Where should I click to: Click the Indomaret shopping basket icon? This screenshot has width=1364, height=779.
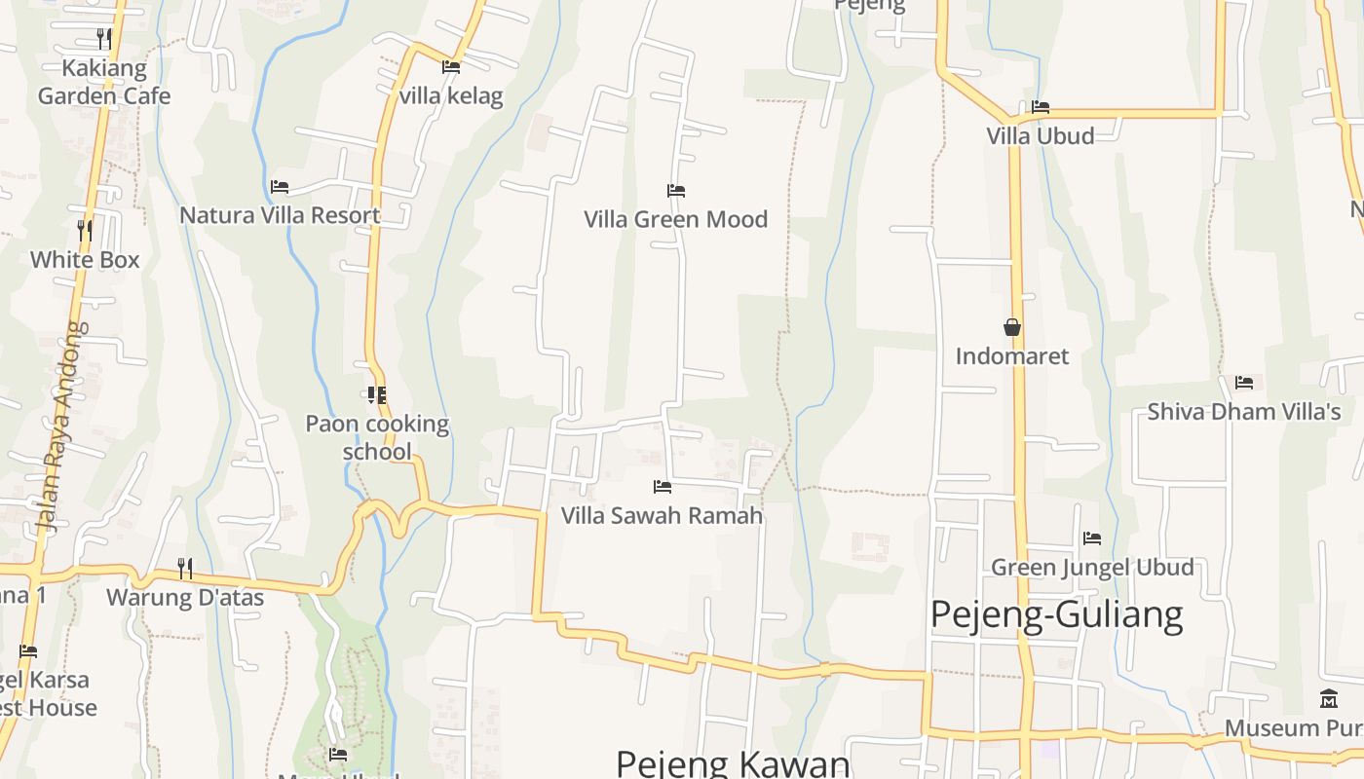[x=1012, y=327]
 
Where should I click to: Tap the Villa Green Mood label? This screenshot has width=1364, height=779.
[x=675, y=219]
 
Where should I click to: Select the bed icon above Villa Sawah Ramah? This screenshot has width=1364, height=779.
[x=663, y=486]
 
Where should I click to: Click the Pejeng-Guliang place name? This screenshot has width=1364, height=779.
[x=1056, y=614]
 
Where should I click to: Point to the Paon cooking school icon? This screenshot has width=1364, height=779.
[x=376, y=395]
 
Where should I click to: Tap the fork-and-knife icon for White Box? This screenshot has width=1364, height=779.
[x=85, y=231]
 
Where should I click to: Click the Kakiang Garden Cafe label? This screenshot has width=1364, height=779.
[x=104, y=82]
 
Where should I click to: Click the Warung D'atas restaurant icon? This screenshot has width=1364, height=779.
[x=184, y=568]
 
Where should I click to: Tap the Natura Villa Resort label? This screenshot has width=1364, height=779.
[x=280, y=215]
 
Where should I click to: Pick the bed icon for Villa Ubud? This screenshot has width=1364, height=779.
[x=1041, y=107]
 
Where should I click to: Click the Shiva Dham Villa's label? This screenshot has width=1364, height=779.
[x=1243, y=412]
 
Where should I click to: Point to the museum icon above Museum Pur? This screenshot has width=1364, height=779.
[x=1328, y=698]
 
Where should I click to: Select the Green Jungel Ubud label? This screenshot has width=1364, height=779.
[x=1092, y=567]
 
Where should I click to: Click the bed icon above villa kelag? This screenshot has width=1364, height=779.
[x=451, y=67]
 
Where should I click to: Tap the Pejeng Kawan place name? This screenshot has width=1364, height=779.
[x=734, y=761]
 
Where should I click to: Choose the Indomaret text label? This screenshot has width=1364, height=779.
[x=1011, y=356]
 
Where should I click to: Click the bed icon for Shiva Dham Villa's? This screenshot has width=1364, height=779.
[x=1244, y=383]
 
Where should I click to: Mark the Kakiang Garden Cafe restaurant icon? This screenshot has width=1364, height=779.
[x=103, y=39]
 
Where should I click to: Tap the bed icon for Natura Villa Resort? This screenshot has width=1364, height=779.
[x=280, y=186]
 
